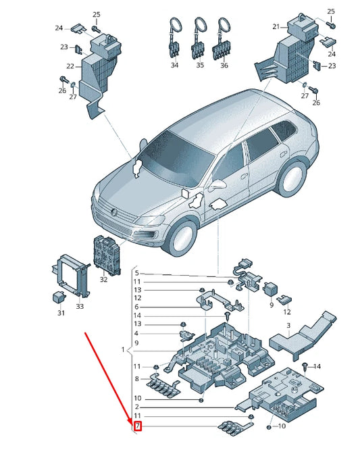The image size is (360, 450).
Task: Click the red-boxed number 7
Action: (138, 426)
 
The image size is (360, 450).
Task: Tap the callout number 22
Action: (70, 66)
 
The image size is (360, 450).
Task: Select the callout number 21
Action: (276, 26)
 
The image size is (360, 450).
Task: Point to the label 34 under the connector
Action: (174, 66)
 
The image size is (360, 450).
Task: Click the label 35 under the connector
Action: (199, 66)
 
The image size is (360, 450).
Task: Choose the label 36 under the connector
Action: (224, 66)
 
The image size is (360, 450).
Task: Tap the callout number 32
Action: (103, 279)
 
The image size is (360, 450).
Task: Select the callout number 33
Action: (80, 307)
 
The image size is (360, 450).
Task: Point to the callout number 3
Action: (288, 326)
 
